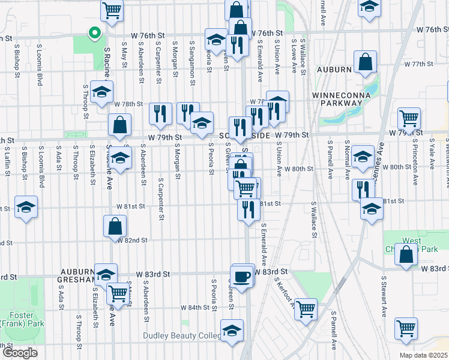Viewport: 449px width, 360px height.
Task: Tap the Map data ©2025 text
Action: (424, 355)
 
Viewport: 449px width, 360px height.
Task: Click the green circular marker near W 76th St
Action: (94, 34)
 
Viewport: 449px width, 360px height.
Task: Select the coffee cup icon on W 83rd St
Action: (243, 276)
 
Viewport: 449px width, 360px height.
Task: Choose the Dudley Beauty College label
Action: (181, 336)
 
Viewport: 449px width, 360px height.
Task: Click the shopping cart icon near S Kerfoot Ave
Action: (306, 310)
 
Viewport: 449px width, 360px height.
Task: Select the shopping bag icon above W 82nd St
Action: (115, 227)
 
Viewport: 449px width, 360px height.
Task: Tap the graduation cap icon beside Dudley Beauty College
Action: (232, 330)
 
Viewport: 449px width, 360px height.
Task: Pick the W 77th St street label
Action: (419, 64)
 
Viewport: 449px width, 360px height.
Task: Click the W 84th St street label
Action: (203, 308)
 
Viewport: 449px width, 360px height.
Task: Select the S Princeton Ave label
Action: (415, 156)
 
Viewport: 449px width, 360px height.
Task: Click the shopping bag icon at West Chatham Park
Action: (406, 254)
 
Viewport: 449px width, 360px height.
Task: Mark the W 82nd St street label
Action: (132, 241)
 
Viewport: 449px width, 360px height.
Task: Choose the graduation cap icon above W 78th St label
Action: (102, 91)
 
